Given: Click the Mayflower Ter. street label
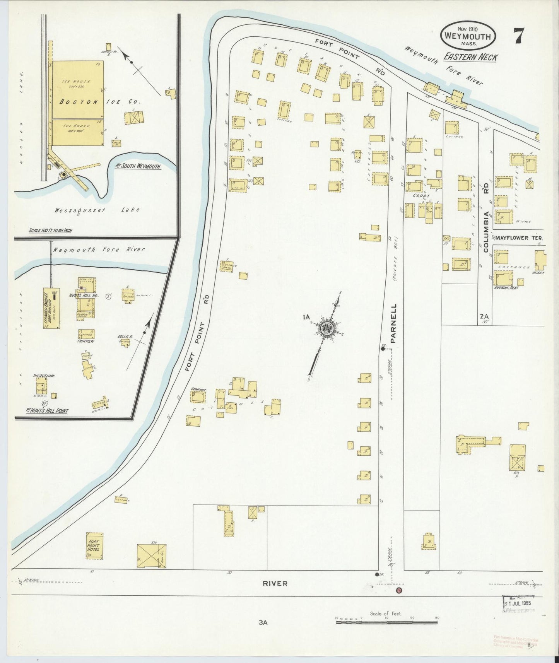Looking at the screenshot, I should pos(519,238).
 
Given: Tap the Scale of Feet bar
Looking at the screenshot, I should pos(386,622).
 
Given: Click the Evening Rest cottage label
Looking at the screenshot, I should pos(506,287).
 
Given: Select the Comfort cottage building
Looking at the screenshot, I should pos(198,396).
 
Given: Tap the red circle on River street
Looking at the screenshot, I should pos(399,591).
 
